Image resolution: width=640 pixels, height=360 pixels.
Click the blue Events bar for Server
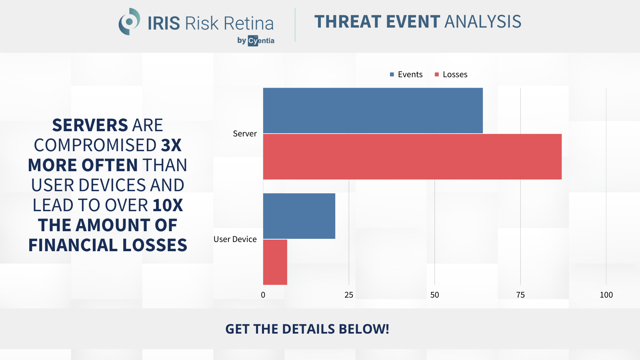[x=373, y=110]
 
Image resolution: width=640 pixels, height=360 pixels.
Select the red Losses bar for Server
[x=412, y=156]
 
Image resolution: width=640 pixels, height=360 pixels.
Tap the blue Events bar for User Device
[x=299, y=216]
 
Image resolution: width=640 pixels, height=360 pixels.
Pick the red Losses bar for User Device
[x=275, y=262]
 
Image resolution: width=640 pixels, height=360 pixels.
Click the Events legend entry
[x=406, y=74]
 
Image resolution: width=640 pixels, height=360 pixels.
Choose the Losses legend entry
[x=451, y=74]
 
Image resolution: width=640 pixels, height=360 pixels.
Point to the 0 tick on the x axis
[x=263, y=295]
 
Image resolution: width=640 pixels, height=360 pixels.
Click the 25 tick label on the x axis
[x=349, y=295]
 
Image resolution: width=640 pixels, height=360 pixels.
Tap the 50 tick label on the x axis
[x=434, y=295]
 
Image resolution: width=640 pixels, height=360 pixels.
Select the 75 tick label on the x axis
[x=520, y=295]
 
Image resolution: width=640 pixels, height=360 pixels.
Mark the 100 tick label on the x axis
[x=606, y=295]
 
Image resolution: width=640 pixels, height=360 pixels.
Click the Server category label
[x=245, y=134]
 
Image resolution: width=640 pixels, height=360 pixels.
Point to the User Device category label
[x=235, y=239]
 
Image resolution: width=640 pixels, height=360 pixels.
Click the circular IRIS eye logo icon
[x=129, y=22]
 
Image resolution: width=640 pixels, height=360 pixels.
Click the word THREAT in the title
[x=348, y=22]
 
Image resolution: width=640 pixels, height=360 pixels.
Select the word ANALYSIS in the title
[x=483, y=22]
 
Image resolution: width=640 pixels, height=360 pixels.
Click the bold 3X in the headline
[x=171, y=145]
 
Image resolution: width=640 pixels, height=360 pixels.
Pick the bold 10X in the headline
[x=168, y=205]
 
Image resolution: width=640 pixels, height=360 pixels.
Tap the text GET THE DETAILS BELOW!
[x=308, y=329]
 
